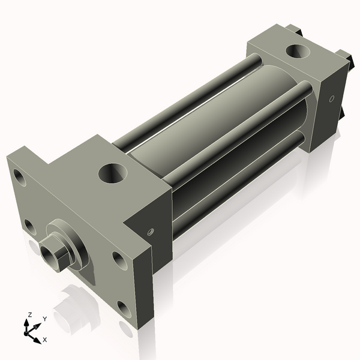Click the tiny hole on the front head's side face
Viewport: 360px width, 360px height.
151,230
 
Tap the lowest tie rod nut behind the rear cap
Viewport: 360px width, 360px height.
343,115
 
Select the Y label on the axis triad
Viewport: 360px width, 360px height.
44,319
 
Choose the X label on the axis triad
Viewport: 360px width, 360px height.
44,340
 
